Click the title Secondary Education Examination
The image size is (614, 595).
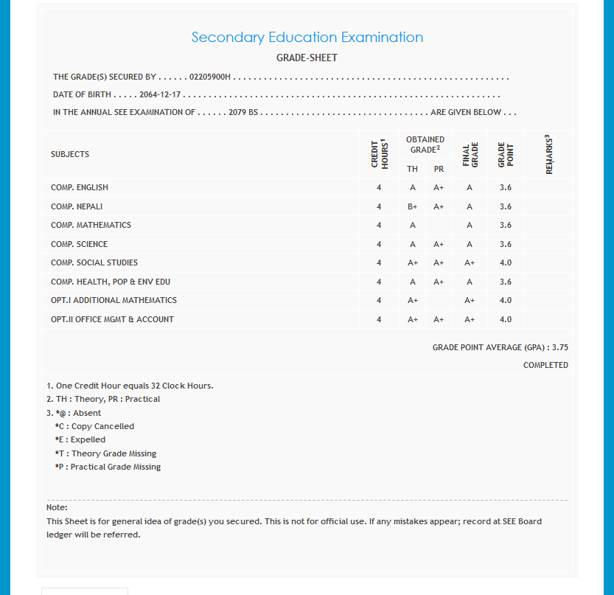pos(307,38)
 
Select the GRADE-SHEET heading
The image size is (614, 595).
pos(307,58)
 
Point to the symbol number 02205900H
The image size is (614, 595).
pos(210,77)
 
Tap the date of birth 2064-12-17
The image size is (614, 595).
pos(160,95)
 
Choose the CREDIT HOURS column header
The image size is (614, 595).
pos(379,154)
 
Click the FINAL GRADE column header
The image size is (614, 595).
pos(470,154)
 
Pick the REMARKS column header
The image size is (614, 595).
pos(550,154)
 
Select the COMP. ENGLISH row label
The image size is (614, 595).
pos(80,187)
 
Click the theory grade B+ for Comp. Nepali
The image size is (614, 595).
pos(413,206)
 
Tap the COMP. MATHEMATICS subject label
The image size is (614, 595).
pos(91,225)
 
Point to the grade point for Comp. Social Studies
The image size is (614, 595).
pos(505,262)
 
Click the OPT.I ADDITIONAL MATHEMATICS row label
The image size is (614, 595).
pos(114,300)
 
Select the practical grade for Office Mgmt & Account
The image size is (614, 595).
pos(439,319)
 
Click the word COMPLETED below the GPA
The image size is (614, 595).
pos(545,365)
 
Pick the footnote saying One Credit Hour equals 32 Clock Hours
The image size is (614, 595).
pos(130,386)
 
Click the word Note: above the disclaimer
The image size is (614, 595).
pos(57,507)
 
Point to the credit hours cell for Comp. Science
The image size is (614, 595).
pos(379,244)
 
